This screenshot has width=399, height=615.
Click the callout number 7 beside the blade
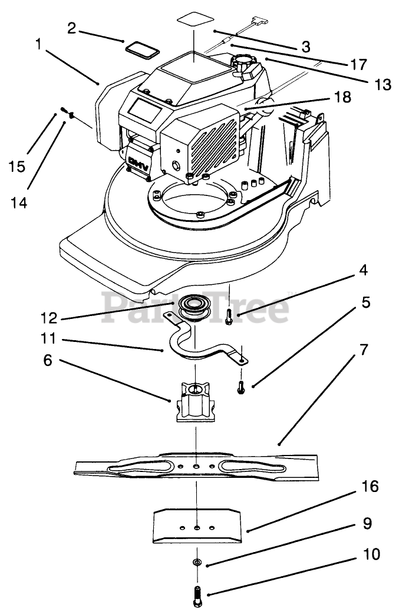pyautogui.click(x=364, y=350)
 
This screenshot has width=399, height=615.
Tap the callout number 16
pyautogui.click(x=369, y=487)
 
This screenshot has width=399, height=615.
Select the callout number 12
pyautogui.click(x=50, y=318)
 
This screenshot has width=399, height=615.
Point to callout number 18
pyautogui.click(x=342, y=97)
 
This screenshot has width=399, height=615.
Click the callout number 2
pyautogui.click(x=71, y=28)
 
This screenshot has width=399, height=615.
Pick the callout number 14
pyautogui.click(x=18, y=202)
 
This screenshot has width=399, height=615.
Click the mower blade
pyautogui.click(x=196, y=467)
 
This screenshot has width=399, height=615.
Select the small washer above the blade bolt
pyautogui.click(x=197, y=563)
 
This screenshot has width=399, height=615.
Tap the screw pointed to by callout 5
pyautogui.click(x=240, y=387)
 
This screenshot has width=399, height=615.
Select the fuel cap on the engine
pyautogui.click(x=243, y=62)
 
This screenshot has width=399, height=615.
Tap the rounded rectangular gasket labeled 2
pyautogui.click(x=142, y=51)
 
